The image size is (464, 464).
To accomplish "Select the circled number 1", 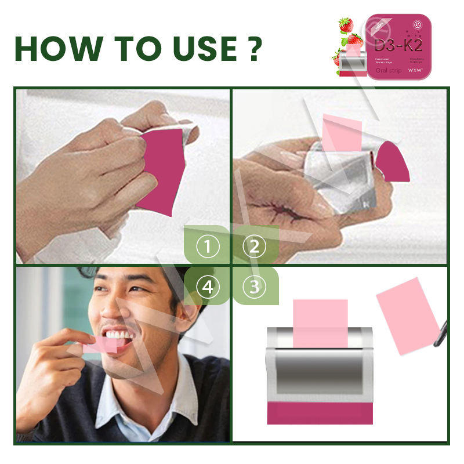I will coord(208,248).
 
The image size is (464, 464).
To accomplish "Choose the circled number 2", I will coord(254,248).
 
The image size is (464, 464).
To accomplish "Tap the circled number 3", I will coord(254,286).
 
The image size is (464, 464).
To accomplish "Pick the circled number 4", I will coord(208,286).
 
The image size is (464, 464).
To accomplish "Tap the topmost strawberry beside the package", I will coord(346,25).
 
